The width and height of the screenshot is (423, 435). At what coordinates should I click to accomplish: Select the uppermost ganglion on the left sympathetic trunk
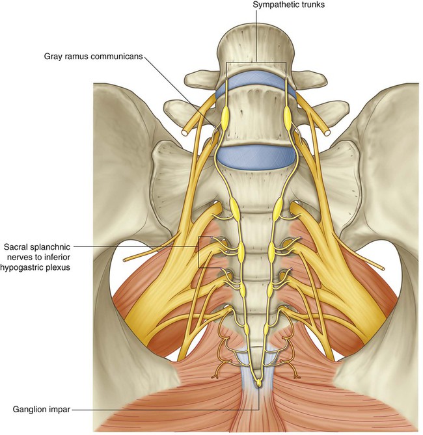[226, 119]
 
